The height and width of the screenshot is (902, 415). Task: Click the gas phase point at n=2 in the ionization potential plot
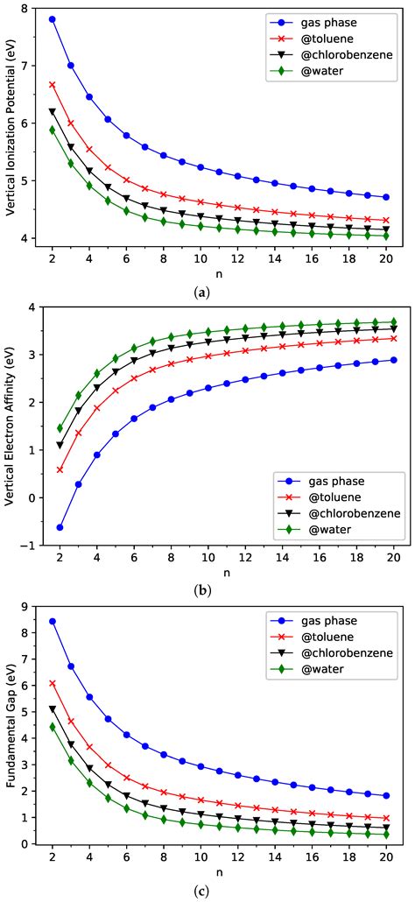(53, 18)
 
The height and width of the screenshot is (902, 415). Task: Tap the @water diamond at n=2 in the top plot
(53, 130)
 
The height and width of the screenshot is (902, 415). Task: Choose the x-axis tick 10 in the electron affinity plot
(200, 555)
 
